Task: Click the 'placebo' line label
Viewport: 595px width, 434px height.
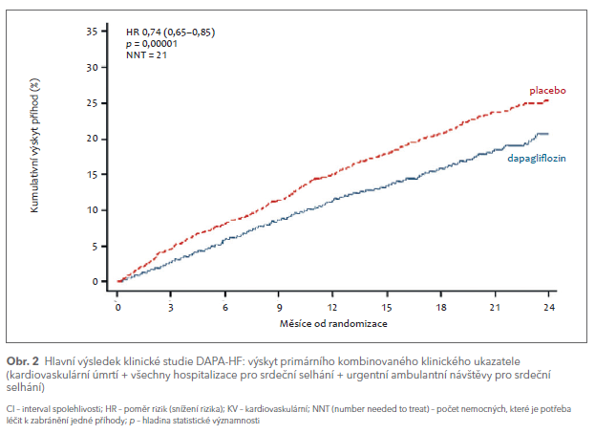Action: click(x=548, y=90)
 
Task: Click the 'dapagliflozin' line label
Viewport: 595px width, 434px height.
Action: click(x=538, y=157)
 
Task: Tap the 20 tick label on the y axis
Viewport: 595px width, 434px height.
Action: click(x=93, y=139)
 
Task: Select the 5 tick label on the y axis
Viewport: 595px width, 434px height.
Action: click(x=96, y=246)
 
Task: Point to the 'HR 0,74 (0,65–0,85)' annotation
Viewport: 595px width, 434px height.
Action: click(x=170, y=32)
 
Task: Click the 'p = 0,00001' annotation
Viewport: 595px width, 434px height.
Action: click(x=152, y=44)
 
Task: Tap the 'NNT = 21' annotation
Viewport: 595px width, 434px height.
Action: click(x=147, y=56)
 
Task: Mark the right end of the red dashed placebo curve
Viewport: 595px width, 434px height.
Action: click(x=548, y=99)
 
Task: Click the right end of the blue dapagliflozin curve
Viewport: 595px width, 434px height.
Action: click(x=548, y=134)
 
